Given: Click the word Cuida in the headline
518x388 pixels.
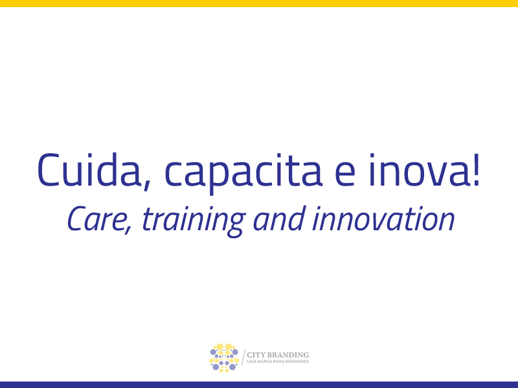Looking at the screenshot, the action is (89, 169).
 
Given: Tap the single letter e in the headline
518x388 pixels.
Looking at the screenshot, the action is (345, 174).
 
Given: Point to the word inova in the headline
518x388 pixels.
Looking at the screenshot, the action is (419, 170).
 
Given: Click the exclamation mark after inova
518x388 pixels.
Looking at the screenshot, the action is (476, 170).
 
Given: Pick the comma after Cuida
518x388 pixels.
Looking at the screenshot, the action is (146, 186).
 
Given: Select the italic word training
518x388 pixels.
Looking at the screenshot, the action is (194, 221).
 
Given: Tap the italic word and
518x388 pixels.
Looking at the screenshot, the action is (279, 218).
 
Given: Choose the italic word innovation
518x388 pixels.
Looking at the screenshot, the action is (383, 218).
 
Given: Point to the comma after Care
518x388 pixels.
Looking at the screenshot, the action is (128, 230).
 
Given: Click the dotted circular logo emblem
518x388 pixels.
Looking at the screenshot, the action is (224, 358).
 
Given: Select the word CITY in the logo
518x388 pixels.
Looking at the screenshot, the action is (256, 355).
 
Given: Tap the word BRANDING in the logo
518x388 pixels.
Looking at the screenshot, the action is (287, 355).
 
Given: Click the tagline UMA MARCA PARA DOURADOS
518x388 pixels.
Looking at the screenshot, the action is (278, 361).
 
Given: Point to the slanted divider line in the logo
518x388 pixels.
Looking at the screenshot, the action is (243, 357).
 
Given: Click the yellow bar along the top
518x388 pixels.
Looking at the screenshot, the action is (259, 3).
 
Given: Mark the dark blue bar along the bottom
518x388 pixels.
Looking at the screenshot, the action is (259, 385).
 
